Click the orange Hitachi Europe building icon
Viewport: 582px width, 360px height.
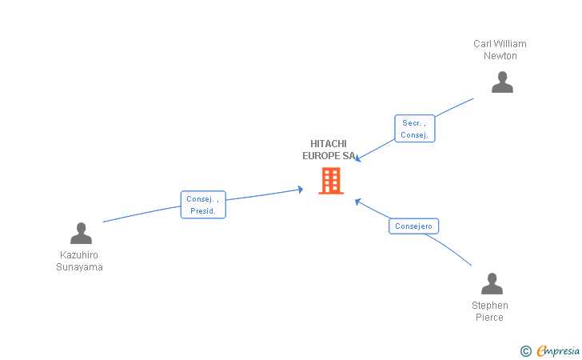click(330, 181)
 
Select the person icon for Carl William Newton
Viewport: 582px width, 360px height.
click(502, 82)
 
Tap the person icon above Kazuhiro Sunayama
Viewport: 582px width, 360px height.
click(81, 234)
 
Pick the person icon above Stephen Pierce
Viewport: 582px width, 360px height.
click(492, 284)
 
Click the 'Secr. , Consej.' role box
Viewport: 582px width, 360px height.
click(414, 129)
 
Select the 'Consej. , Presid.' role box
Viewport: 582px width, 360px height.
click(203, 205)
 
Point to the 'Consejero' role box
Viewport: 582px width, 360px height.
click(414, 226)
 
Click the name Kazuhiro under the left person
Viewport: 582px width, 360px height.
click(79, 255)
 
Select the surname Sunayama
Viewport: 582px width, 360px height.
click(79, 267)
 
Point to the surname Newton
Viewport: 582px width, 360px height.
click(500, 56)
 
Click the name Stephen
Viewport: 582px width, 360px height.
click(490, 306)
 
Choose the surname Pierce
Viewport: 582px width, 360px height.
click(489, 318)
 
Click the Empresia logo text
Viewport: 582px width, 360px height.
click(557, 350)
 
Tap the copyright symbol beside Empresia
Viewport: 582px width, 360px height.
click(525, 350)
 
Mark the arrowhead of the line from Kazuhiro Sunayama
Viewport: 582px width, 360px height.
click(301, 190)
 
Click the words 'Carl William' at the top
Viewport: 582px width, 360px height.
click(500, 44)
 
